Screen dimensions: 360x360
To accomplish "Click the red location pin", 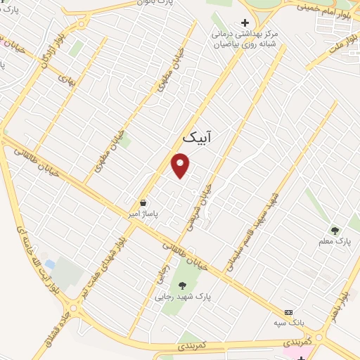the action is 181,165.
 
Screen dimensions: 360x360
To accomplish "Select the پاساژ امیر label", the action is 143,213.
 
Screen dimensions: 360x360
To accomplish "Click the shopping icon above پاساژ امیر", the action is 143,202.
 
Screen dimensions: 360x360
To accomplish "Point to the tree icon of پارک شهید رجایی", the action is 183,285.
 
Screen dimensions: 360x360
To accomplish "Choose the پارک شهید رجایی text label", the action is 185,297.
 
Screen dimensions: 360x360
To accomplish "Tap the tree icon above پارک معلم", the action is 335,230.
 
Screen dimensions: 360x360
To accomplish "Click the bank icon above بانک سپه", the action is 288,312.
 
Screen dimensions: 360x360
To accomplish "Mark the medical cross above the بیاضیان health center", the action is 245,23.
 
